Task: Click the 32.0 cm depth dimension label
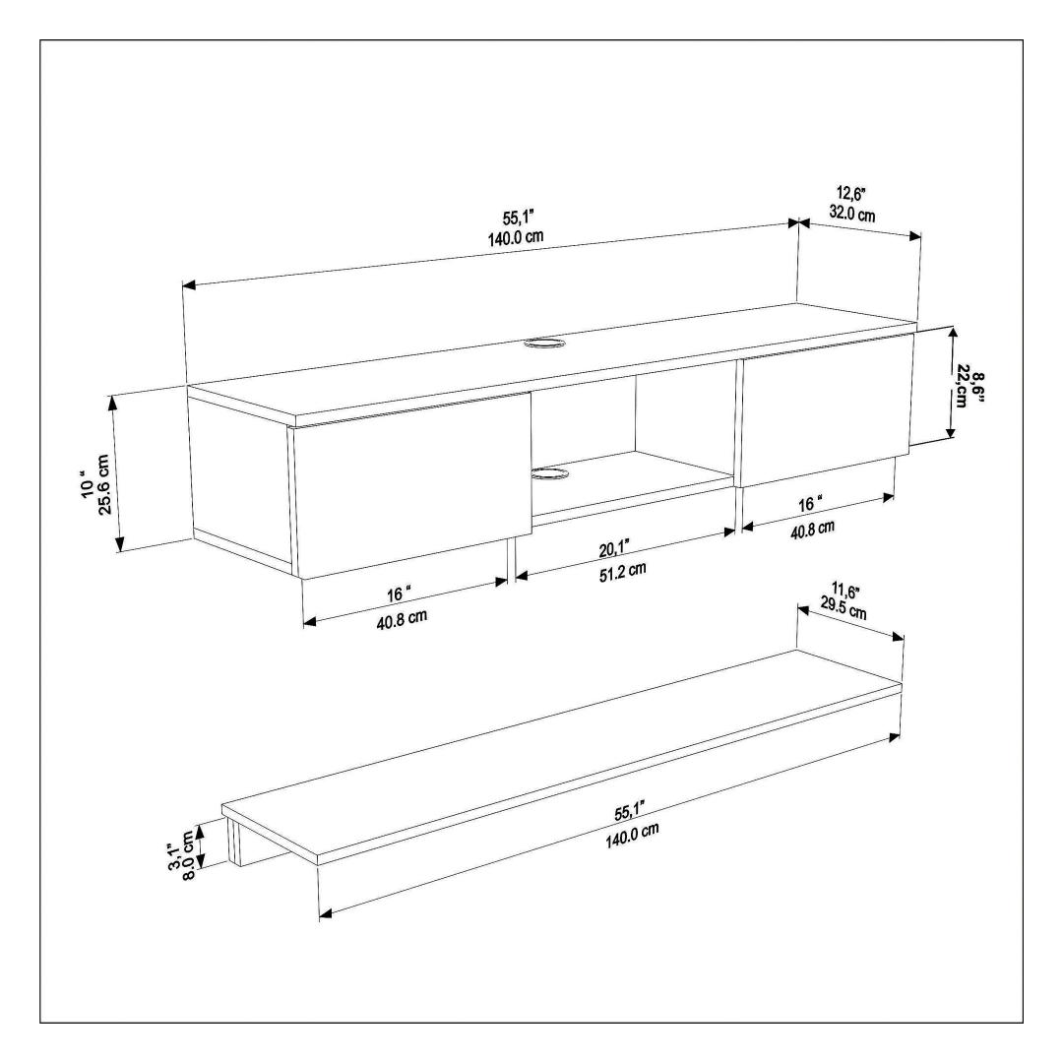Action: pos(852,214)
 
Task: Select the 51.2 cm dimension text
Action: pos(623,571)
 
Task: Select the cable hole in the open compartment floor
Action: pos(550,474)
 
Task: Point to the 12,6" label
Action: pos(850,195)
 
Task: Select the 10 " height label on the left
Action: pos(86,484)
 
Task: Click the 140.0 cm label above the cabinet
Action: pos(516,238)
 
